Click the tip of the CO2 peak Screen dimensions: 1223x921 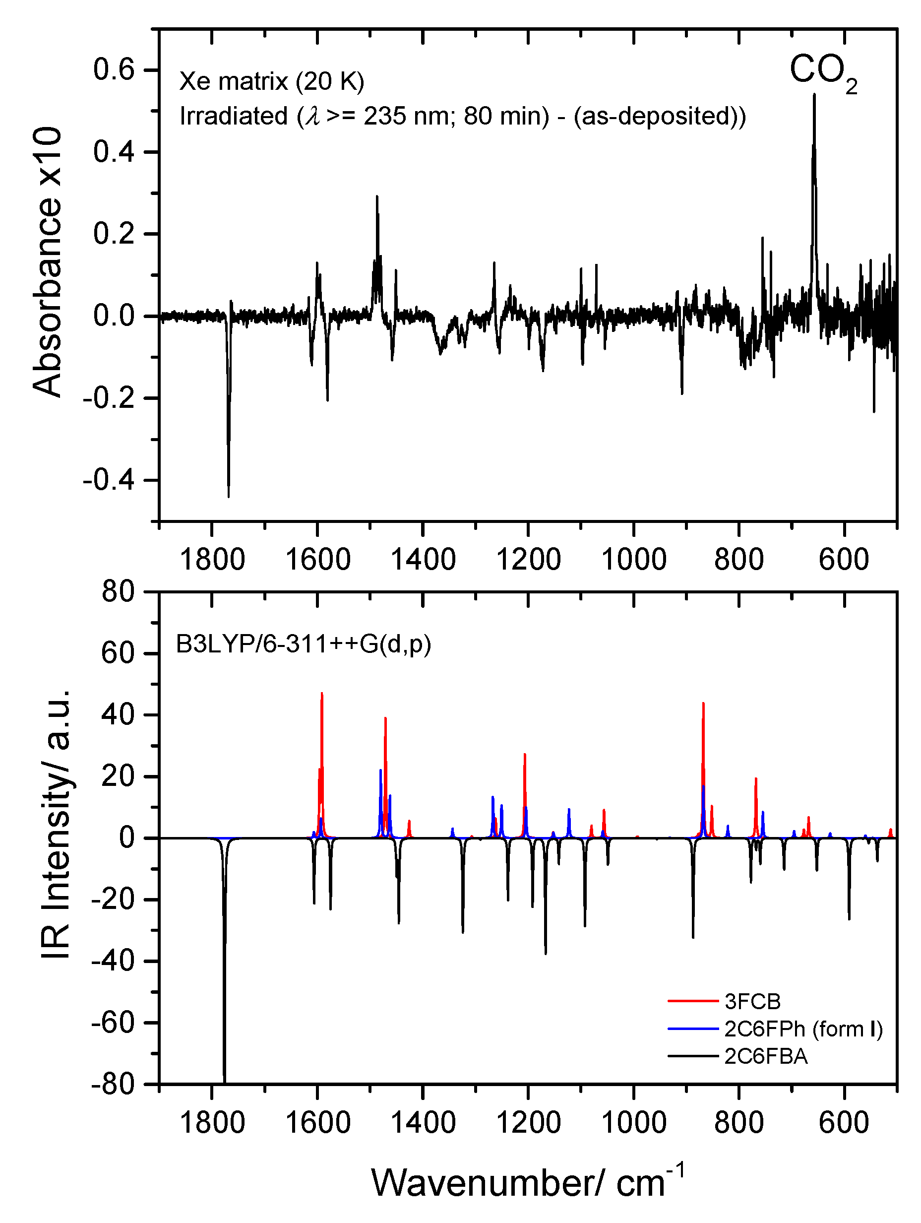point(814,95)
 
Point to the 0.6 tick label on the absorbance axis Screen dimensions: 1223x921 point(114,70)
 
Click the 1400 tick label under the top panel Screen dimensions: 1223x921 point(423,560)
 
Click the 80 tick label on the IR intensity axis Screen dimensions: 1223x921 point(119,592)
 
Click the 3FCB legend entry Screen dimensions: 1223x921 point(752,1001)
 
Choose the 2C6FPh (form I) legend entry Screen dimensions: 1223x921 point(802,1029)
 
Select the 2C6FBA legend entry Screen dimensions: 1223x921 point(766,1057)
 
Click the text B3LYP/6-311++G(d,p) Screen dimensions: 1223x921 point(303,644)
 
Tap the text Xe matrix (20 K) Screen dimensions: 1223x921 point(271,82)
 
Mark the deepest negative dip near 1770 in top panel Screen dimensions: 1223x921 point(228,495)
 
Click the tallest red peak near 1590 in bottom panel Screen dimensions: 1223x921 point(322,694)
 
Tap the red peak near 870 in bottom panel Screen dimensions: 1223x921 point(703,705)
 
